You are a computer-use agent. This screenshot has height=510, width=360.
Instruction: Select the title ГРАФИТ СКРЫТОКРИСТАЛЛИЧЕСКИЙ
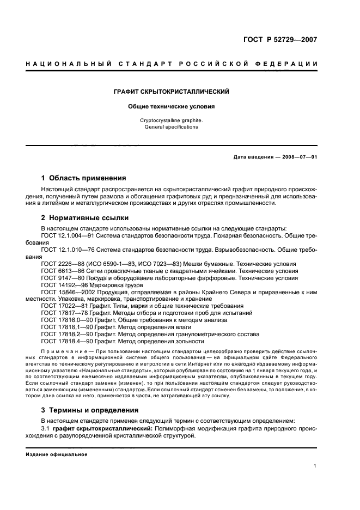(x=171, y=92)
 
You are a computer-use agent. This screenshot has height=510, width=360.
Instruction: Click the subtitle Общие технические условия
(x=171, y=107)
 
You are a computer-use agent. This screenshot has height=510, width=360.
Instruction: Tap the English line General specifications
(x=171, y=127)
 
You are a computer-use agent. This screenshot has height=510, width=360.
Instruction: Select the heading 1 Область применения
(x=84, y=178)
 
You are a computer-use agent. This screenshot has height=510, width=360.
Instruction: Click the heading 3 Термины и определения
(x=90, y=410)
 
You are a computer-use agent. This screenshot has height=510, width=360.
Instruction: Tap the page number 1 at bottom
(x=315, y=466)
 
